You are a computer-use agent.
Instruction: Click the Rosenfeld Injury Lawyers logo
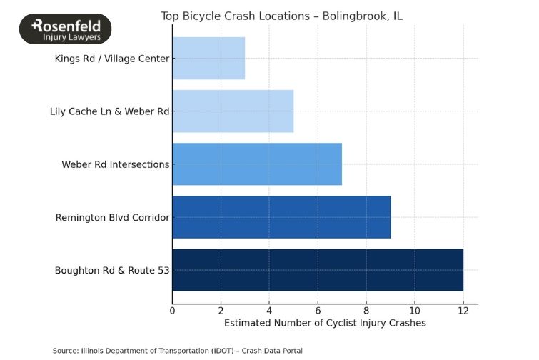pos(65,29)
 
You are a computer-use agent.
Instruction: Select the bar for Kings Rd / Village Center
pos(208,59)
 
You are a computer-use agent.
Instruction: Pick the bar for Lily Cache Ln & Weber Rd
pos(233,111)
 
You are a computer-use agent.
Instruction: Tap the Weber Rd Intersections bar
pos(257,164)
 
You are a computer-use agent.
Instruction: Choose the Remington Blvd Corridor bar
pos(281,217)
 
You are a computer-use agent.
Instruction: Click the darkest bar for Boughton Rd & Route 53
pos(318,270)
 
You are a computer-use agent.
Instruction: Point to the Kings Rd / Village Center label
pos(111,59)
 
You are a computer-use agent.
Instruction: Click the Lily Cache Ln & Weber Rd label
pos(109,111)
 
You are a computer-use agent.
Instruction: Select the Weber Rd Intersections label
pos(116,164)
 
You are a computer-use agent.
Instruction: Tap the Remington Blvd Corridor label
pos(112,217)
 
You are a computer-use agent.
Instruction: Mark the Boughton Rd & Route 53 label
pos(111,270)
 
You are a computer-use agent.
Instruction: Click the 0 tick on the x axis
pos(172,311)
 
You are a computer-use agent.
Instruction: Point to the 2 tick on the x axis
pos(221,311)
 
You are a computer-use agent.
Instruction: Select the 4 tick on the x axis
pos(269,311)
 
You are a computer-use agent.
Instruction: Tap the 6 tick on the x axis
pos(318,311)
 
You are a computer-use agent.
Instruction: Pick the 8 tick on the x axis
pos(366,311)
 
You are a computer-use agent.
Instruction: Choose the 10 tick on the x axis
pos(415,311)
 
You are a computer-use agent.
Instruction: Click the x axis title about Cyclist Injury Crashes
pos(325,324)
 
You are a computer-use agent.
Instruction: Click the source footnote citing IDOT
pos(177,351)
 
